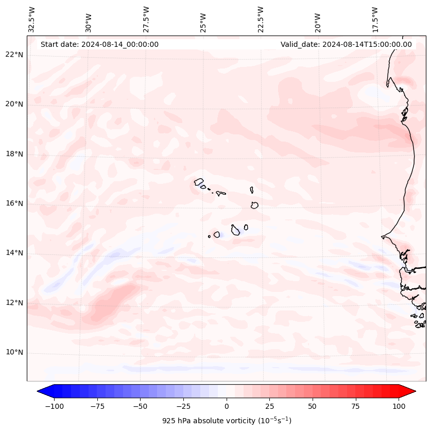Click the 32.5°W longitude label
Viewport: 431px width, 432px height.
click(x=32, y=20)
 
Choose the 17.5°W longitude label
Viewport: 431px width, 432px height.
click(x=375, y=20)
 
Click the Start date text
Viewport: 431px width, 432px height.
click(x=99, y=44)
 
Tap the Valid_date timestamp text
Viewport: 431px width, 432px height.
click(x=346, y=44)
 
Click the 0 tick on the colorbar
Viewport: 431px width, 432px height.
click(x=227, y=406)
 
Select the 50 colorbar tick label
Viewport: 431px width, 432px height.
click(x=313, y=406)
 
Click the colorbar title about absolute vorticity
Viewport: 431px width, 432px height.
click(x=227, y=421)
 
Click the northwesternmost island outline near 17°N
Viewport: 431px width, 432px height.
click(x=199, y=181)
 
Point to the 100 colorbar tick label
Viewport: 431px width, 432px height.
click(x=399, y=406)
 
